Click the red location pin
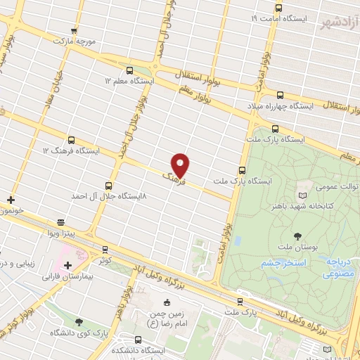pos(181,164)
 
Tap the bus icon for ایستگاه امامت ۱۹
pos(279,8)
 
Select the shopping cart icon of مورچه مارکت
pos(75,31)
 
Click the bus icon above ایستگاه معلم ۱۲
pos(129,70)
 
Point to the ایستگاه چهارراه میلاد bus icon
pos(280,94)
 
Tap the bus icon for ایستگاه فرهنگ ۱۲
pos(70,140)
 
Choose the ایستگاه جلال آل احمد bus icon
pos(108,185)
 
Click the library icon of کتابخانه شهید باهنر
pos(303,193)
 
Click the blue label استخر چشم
pos(281,262)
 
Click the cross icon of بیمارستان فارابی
pos(67,265)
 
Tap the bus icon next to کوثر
pos(105,250)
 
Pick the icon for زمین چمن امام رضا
pos(166,302)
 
